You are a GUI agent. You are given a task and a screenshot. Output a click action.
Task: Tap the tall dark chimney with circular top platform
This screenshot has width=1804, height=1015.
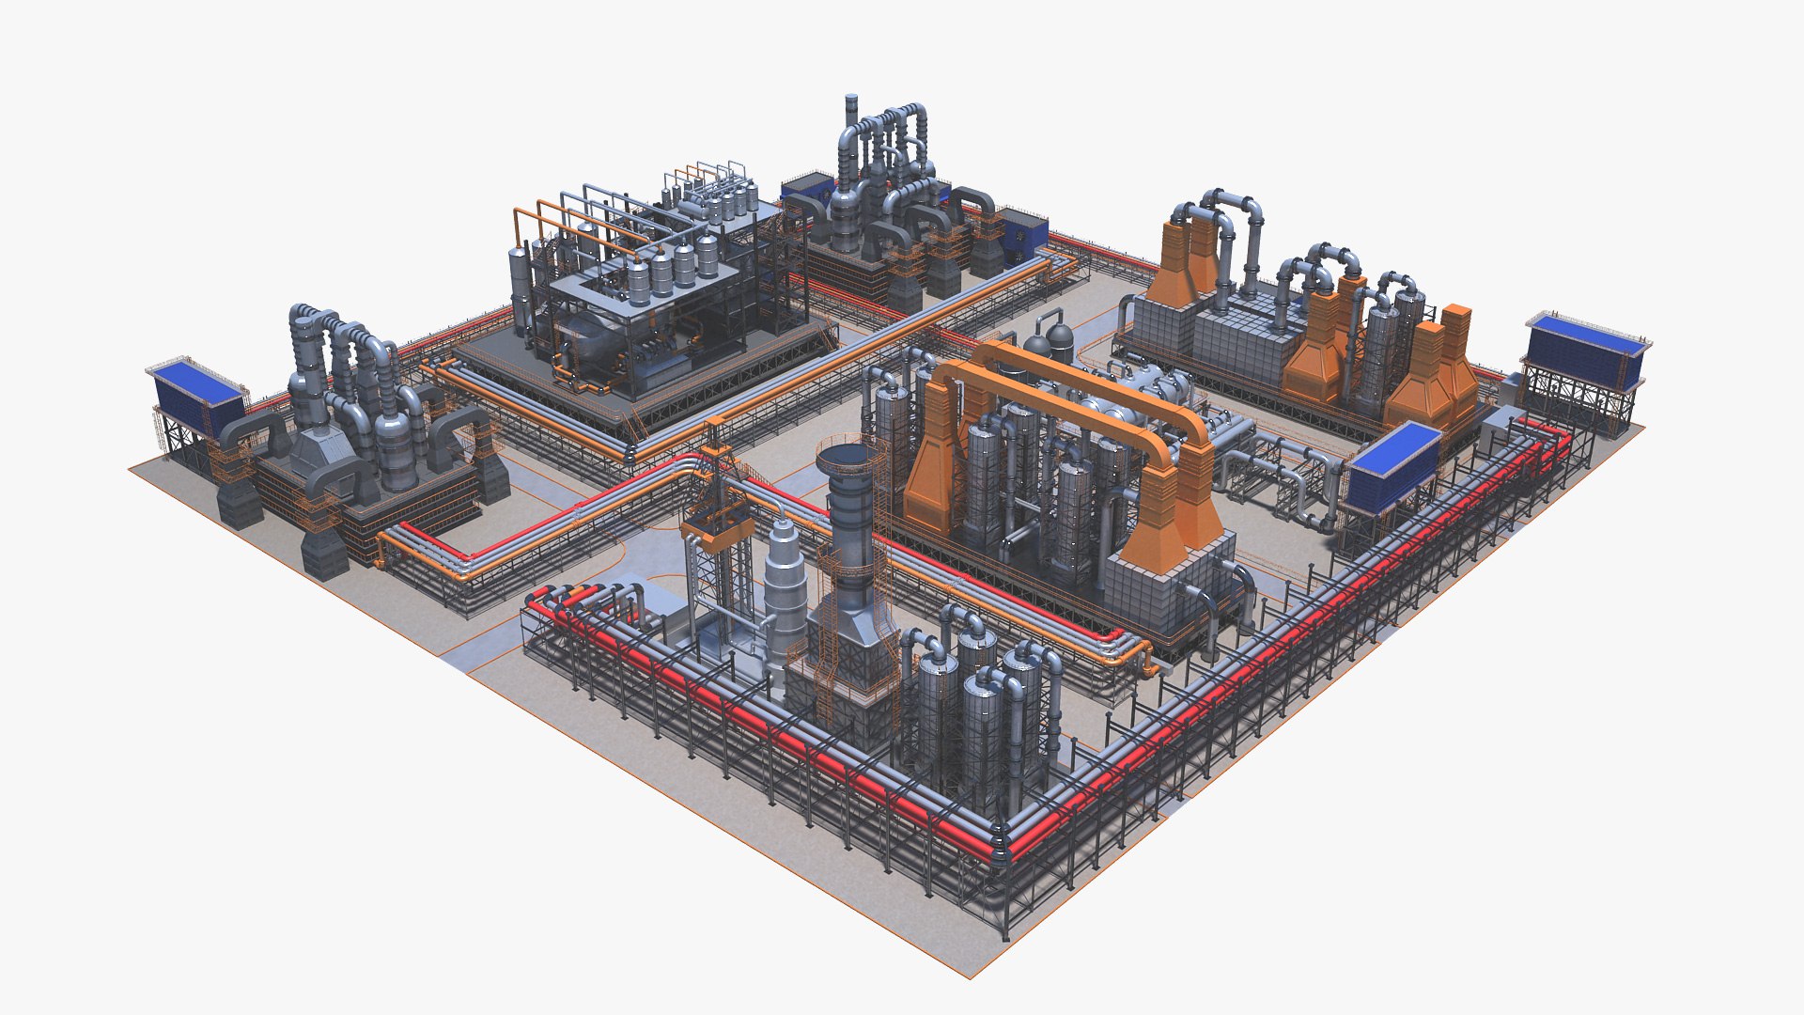tap(850, 526)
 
